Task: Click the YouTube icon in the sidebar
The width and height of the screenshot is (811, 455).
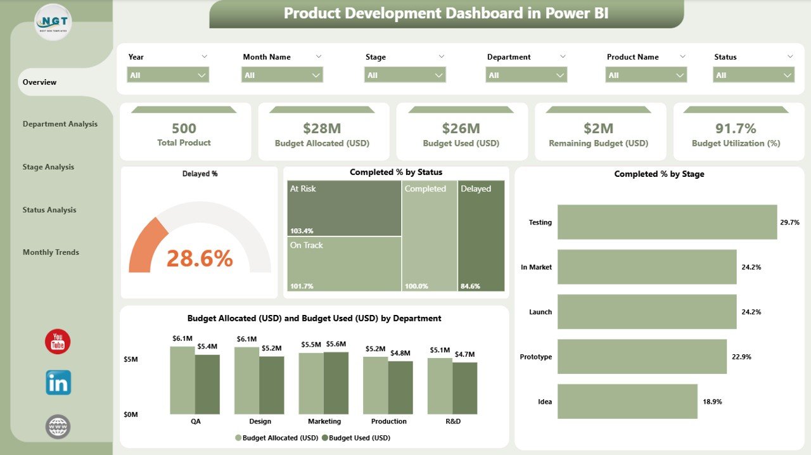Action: pyautogui.click(x=58, y=342)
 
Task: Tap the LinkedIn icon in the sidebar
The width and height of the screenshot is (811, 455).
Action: pyautogui.click(x=58, y=383)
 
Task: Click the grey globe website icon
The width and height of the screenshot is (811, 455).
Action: pyautogui.click(x=58, y=426)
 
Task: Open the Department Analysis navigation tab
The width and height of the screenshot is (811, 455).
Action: pyautogui.click(x=60, y=124)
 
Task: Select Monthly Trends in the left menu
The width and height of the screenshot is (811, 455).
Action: pyautogui.click(x=51, y=252)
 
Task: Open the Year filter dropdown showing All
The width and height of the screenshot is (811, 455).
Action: pyautogui.click(x=168, y=75)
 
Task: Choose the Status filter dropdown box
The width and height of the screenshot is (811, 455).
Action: pyautogui.click(x=753, y=75)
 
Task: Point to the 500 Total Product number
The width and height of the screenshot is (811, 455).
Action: pyautogui.click(x=184, y=129)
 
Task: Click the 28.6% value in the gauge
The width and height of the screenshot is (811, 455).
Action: pyautogui.click(x=200, y=259)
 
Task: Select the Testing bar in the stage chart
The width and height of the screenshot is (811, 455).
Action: pyautogui.click(x=667, y=222)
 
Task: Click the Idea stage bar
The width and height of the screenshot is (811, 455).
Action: pyautogui.click(x=627, y=401)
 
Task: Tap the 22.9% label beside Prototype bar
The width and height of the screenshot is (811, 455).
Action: pyautogui.click(x=741, y=357)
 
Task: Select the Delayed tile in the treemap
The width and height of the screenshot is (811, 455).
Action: pyautogui.click(x=481, y=236)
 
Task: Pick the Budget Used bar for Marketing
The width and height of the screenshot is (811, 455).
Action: pyautogui.click(x=336, y=383)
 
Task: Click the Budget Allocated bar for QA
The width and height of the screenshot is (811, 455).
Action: pyautogui.click(x=182, y=380)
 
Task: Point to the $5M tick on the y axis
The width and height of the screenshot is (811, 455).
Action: pyautogui.click(x=130, y=359)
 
